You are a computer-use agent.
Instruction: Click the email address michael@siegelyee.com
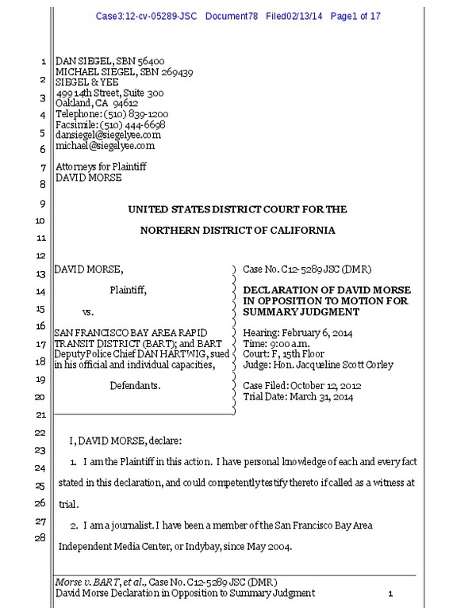pos(105,146)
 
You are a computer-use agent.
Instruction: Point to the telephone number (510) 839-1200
pos(136,114)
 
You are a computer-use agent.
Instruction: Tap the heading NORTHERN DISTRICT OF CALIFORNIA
pos(237,231)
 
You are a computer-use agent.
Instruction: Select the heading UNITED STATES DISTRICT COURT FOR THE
pos(237,209)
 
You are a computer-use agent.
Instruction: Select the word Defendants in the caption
pos(135,386)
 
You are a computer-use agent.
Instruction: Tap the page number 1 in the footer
pos(390,594)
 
